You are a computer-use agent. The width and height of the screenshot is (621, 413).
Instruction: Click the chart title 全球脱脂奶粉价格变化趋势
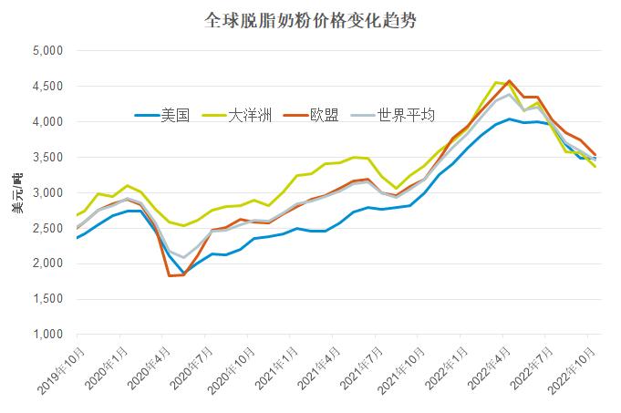[x=310, y=20]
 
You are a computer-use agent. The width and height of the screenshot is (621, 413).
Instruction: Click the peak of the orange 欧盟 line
[x=509, y=80]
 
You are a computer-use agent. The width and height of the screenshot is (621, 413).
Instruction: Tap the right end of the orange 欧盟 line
[x=595, y=155]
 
